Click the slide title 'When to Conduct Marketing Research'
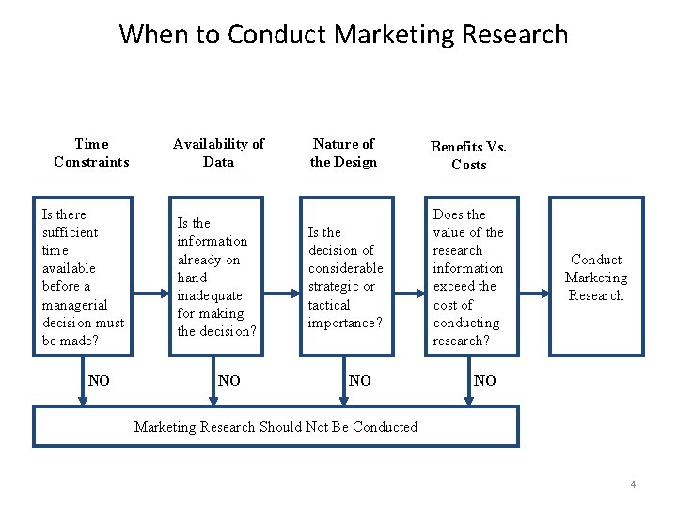coord(343,35)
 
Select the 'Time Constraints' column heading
coord(91,152)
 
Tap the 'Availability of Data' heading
coord(218,152)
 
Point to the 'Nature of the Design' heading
coord(343,152)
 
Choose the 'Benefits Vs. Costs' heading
coord(468,155)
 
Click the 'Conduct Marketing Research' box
coord(596,278)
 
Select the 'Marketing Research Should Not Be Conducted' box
coord(276,427)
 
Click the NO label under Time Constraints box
coord(99,381)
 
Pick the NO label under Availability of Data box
coord(228,381)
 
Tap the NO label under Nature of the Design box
coord(359,381)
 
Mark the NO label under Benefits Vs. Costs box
coord(485,381)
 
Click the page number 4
coord(633,484)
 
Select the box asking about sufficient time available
coord(84,277)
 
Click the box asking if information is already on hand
coord(216,277)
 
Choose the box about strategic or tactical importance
coord(346,277)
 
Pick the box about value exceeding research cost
coord(469,277)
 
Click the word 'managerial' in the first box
coord(75,305)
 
